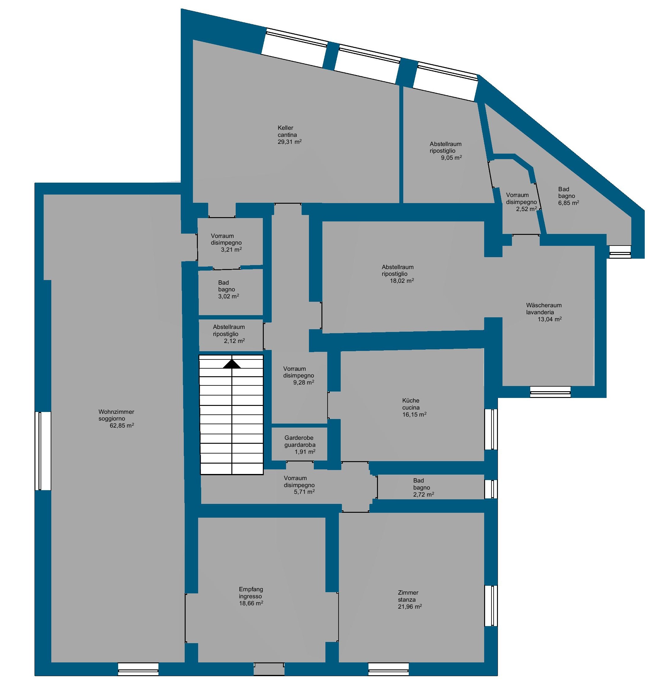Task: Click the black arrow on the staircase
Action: click(232, 364)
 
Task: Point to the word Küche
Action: click(411, 400)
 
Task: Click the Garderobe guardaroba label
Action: click(300, 442)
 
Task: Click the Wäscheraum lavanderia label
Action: click(544, 308)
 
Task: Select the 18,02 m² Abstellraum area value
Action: click(402, 281)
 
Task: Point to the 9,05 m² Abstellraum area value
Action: click(451, 158)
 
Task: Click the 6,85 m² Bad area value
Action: click(568, 203)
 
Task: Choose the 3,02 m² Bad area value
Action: click(229, 296)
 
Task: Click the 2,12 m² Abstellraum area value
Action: click(234, 341)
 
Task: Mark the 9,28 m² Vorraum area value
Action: click(304, 382)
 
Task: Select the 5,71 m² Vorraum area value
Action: click(304, 492)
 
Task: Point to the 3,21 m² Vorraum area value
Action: click(231, 250)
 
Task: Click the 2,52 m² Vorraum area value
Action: click(526, 209)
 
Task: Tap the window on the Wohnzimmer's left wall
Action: click(43, 451)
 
